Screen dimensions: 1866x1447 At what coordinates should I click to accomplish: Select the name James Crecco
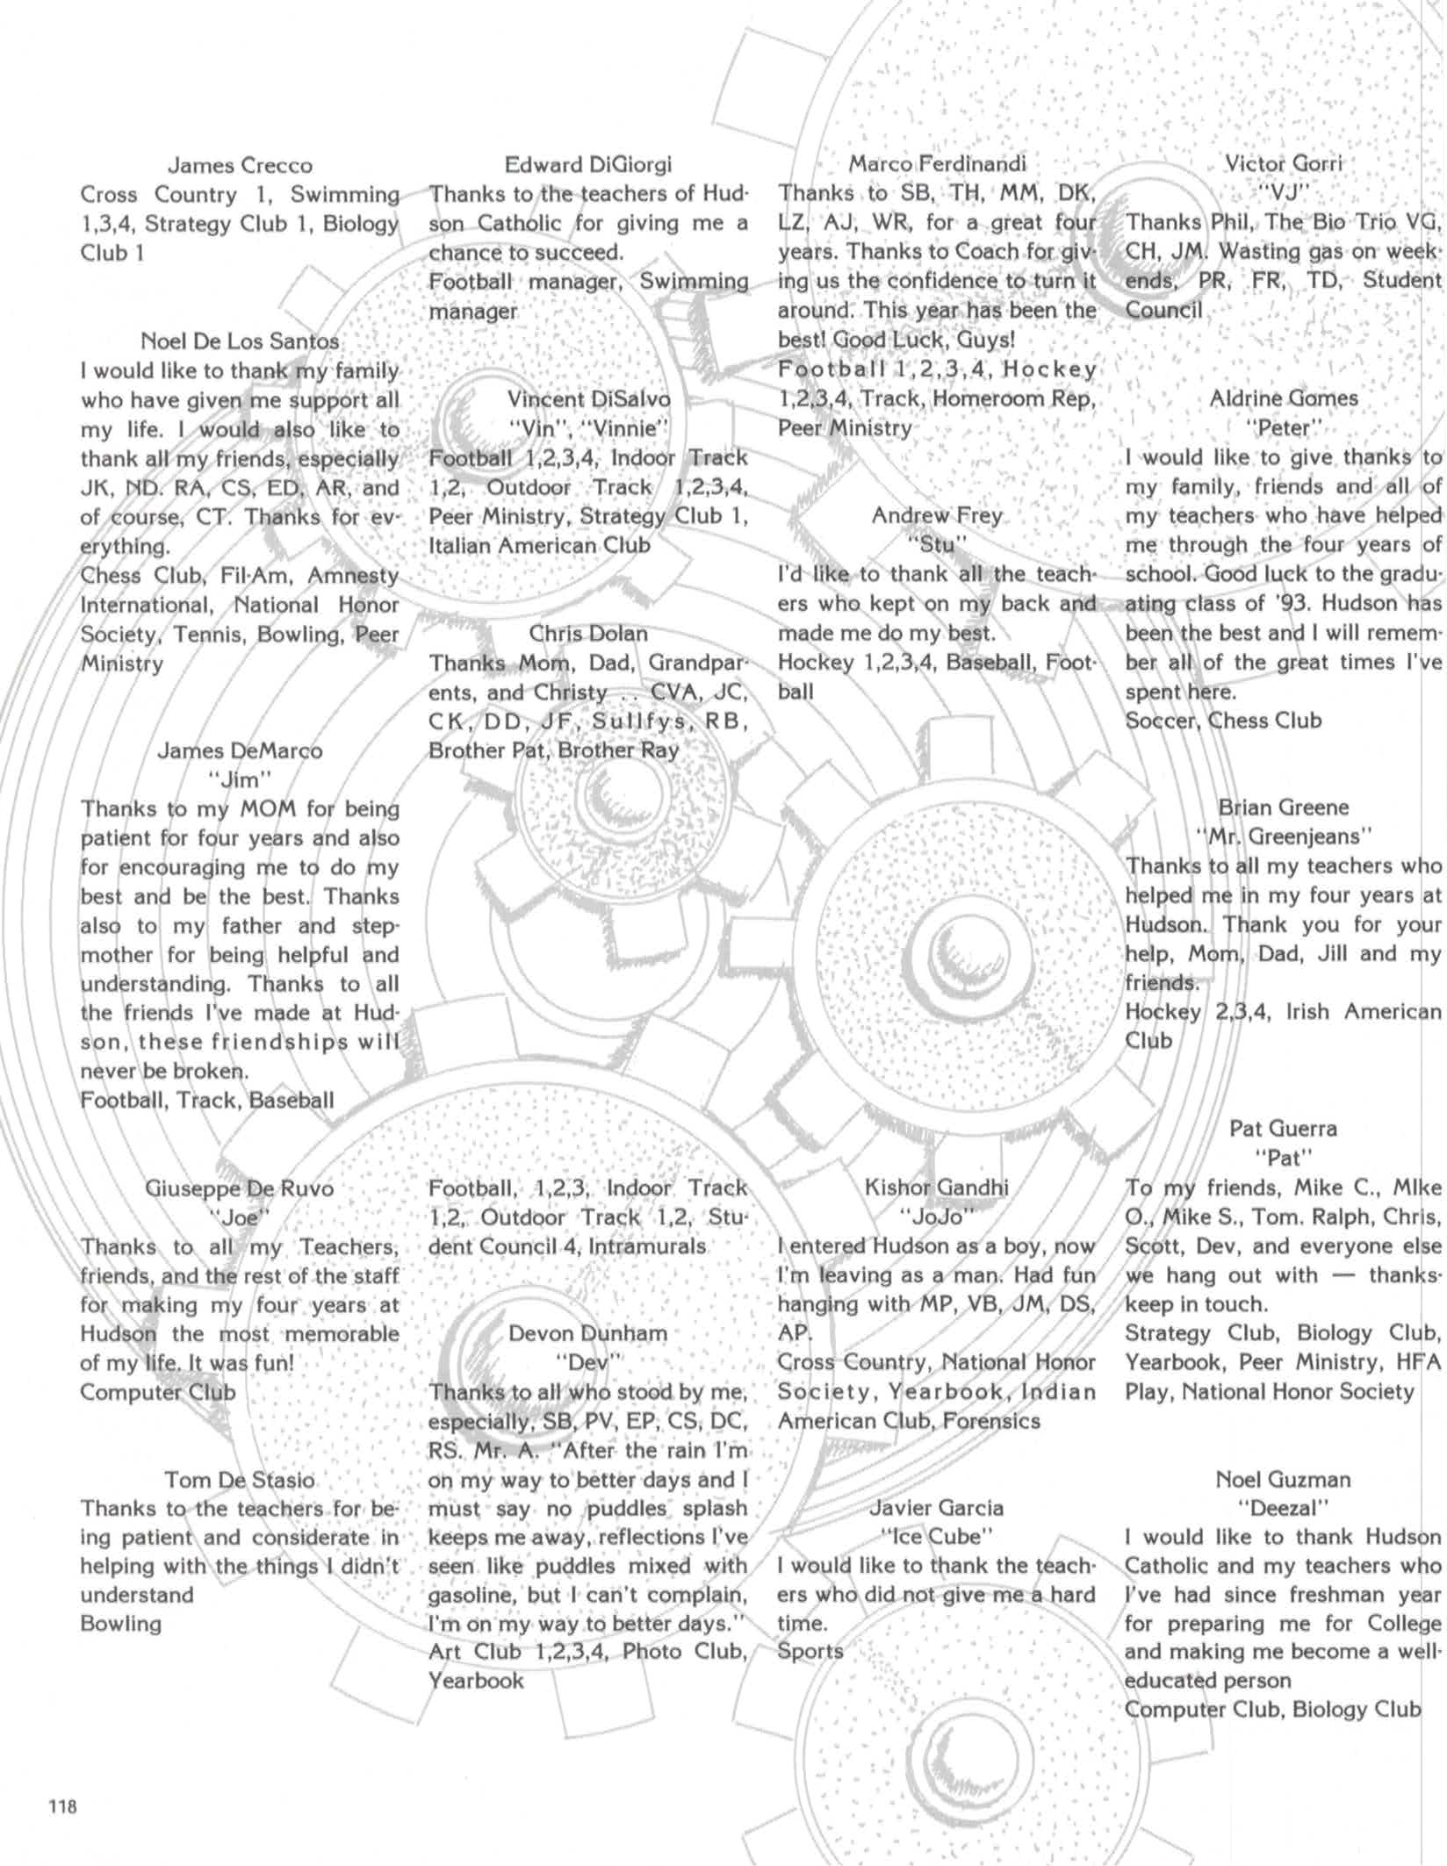[240, 165]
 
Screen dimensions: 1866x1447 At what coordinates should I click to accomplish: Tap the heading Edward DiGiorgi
[587, 164]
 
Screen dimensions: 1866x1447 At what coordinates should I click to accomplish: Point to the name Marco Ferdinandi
[936, 163]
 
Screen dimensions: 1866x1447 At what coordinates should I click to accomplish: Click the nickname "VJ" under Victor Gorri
[1284, 192]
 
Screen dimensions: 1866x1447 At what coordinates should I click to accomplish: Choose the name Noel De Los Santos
[240, 341]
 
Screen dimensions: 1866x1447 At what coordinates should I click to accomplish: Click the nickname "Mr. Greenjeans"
[1284, 836]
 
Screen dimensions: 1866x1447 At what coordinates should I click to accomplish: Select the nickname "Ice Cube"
[936, 1536]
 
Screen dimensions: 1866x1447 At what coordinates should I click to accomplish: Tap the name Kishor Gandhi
[936, 1188]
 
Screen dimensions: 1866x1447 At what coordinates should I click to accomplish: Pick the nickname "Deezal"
[1284, 1508]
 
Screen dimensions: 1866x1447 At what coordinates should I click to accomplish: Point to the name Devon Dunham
[587, 1333]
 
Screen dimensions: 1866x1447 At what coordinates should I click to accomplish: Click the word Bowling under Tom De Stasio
[121, 1623]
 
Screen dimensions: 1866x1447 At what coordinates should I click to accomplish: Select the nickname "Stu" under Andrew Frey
[936, 544]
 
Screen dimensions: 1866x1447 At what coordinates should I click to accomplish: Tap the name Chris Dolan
[587, 633]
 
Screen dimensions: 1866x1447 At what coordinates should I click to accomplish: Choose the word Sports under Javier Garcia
[810, 1651]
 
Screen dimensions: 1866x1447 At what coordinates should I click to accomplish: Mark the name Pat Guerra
[1284, 1128]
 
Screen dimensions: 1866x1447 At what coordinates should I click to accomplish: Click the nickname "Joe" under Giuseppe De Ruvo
[240, 1217]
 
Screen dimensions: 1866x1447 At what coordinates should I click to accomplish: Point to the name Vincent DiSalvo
[587, 398]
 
